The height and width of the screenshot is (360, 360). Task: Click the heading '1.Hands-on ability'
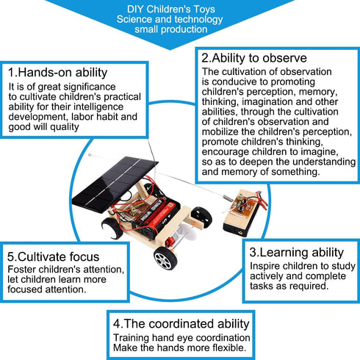58,73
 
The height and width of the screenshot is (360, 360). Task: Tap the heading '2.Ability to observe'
254,58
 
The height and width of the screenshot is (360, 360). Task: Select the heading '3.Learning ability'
296,253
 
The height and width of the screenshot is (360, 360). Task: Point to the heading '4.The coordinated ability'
181,324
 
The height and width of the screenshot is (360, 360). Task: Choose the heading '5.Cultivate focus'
53,256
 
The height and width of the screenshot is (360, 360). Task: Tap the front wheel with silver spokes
165,258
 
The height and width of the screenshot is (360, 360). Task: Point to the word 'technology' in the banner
198,19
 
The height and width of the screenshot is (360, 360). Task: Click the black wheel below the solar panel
112,228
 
